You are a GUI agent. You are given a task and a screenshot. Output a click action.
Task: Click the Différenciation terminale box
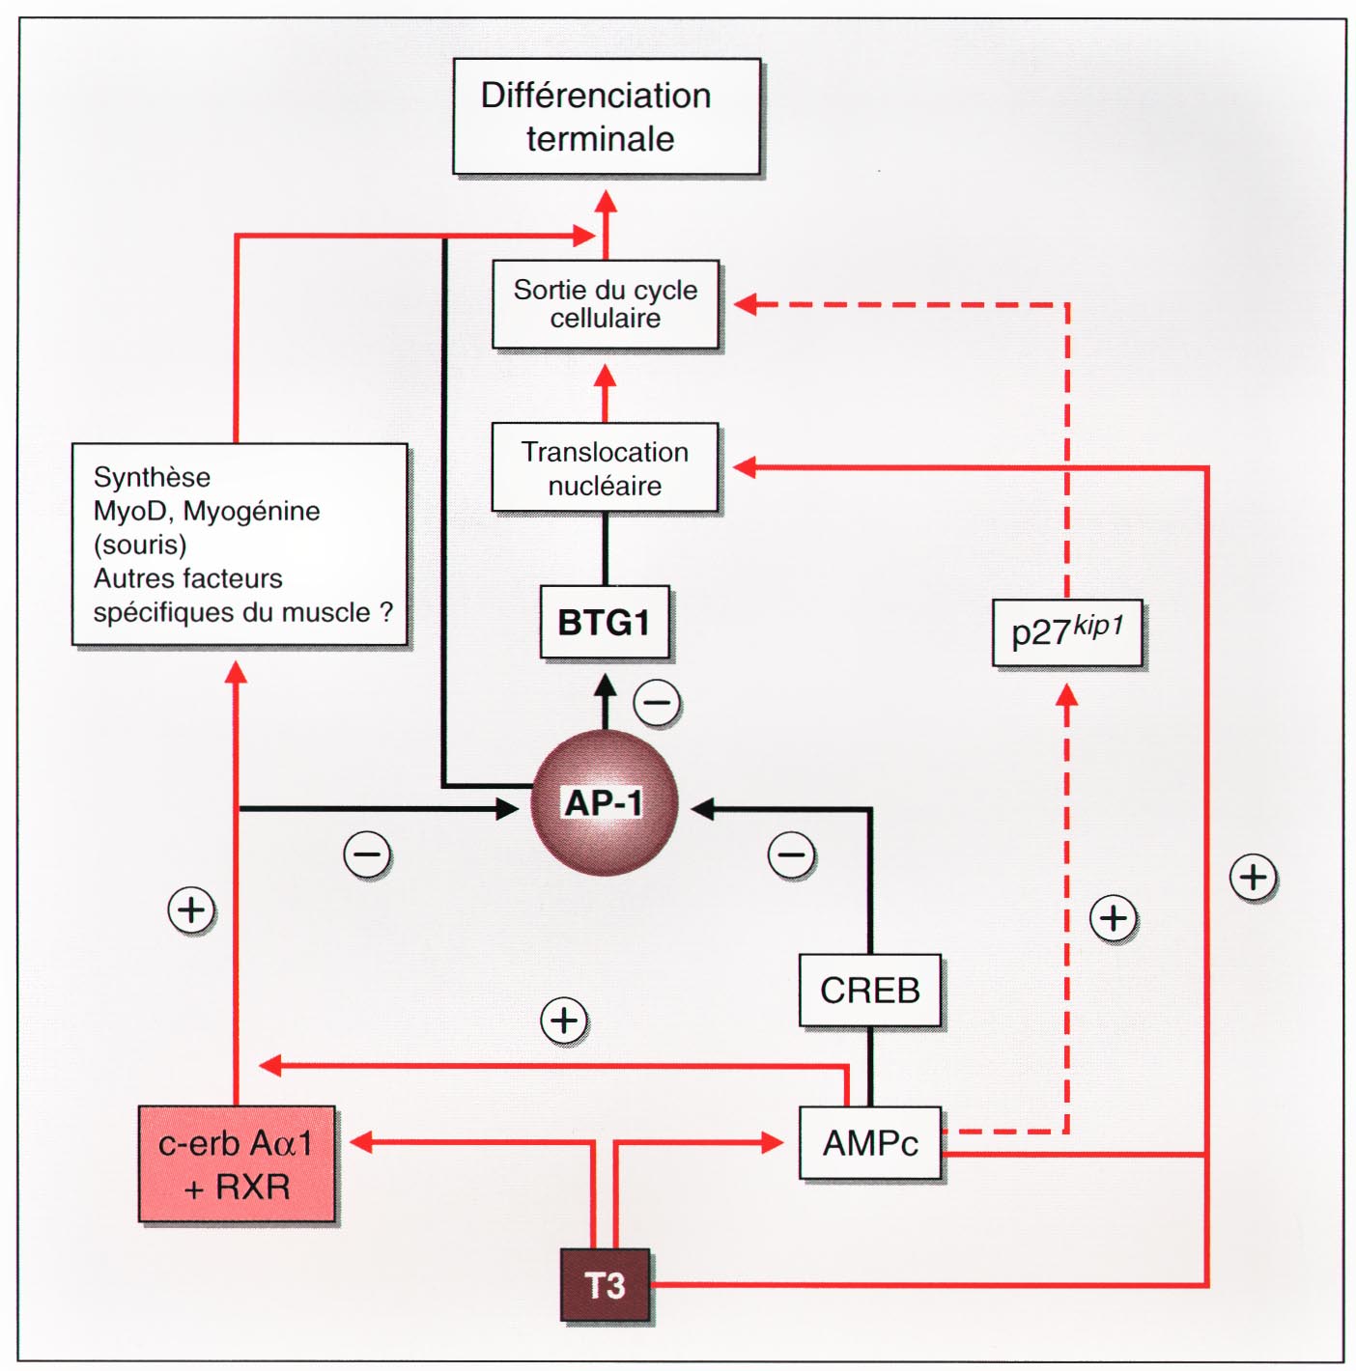(607, 117)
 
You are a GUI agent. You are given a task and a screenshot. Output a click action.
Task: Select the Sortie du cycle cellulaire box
(606, 304)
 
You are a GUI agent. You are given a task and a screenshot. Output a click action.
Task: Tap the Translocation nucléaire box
(606, 468)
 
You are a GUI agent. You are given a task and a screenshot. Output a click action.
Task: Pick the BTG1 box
(605, 623)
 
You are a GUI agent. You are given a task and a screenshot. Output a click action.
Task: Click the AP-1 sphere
(604, 803)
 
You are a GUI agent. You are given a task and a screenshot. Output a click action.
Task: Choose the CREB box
(869, 991)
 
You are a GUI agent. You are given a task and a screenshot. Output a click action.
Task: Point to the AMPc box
(869, 1143)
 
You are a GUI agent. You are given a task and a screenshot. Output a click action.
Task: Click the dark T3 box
(606, 1285)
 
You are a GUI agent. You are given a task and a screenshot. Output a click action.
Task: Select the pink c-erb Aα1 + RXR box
(237, 1164)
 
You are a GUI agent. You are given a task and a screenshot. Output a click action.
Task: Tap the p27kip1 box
(1067, 632)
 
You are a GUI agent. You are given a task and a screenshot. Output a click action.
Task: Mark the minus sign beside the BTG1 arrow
(658, 703)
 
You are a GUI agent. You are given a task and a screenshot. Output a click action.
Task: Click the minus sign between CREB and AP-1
(791, 854)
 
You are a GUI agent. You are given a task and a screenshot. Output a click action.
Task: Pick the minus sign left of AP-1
(367, 854)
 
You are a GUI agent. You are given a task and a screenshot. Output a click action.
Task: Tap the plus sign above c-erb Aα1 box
(191, 909)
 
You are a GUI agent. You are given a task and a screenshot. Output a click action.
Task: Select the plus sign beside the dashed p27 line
(1113, 918)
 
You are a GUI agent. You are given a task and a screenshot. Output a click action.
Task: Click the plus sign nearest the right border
(1253, 878)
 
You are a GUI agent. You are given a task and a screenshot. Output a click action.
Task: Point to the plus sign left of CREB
(564, 1021)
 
